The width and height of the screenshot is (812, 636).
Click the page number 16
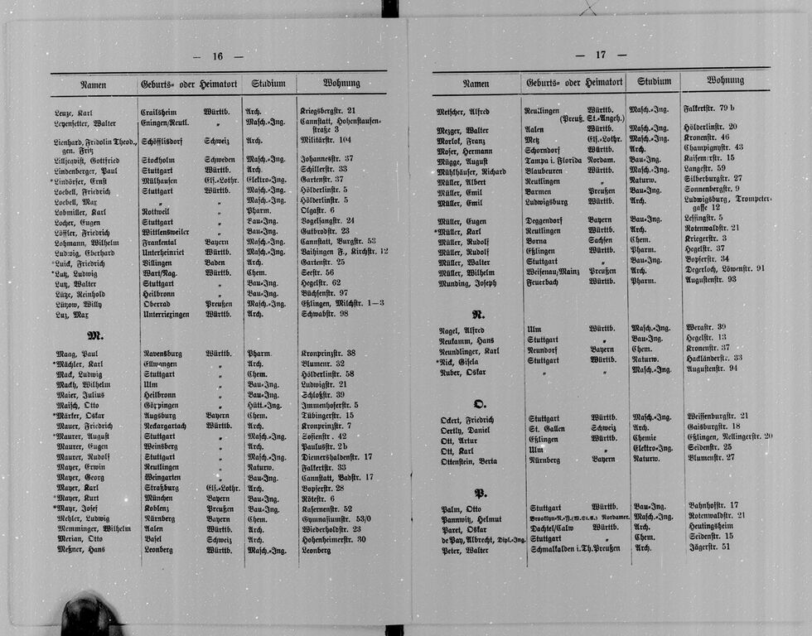click(217, 57)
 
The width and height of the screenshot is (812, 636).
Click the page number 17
click(600, 55)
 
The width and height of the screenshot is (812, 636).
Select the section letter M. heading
click(95, 335)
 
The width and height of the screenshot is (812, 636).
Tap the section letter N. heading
click(478, 314)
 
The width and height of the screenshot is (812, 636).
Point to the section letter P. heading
click(480, 492)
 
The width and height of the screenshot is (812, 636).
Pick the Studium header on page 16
click(268, 84)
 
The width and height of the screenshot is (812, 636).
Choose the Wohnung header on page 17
click(724, 81)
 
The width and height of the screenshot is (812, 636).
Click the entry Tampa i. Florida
click(553, 160)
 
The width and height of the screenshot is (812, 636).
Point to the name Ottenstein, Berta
click(469, 460)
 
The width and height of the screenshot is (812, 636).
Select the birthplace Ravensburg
click(164, 354)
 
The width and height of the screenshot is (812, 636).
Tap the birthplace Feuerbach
click(544, 282)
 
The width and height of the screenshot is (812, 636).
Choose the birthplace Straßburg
click(161, 488)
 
